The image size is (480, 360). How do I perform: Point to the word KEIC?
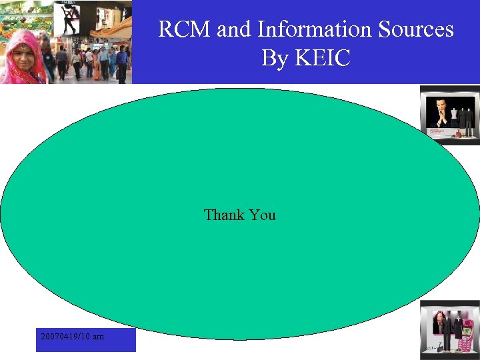pyautogui.click(x=322, y=58)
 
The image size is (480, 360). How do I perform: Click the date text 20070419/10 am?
pyautogui.click(x=72, y=337)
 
